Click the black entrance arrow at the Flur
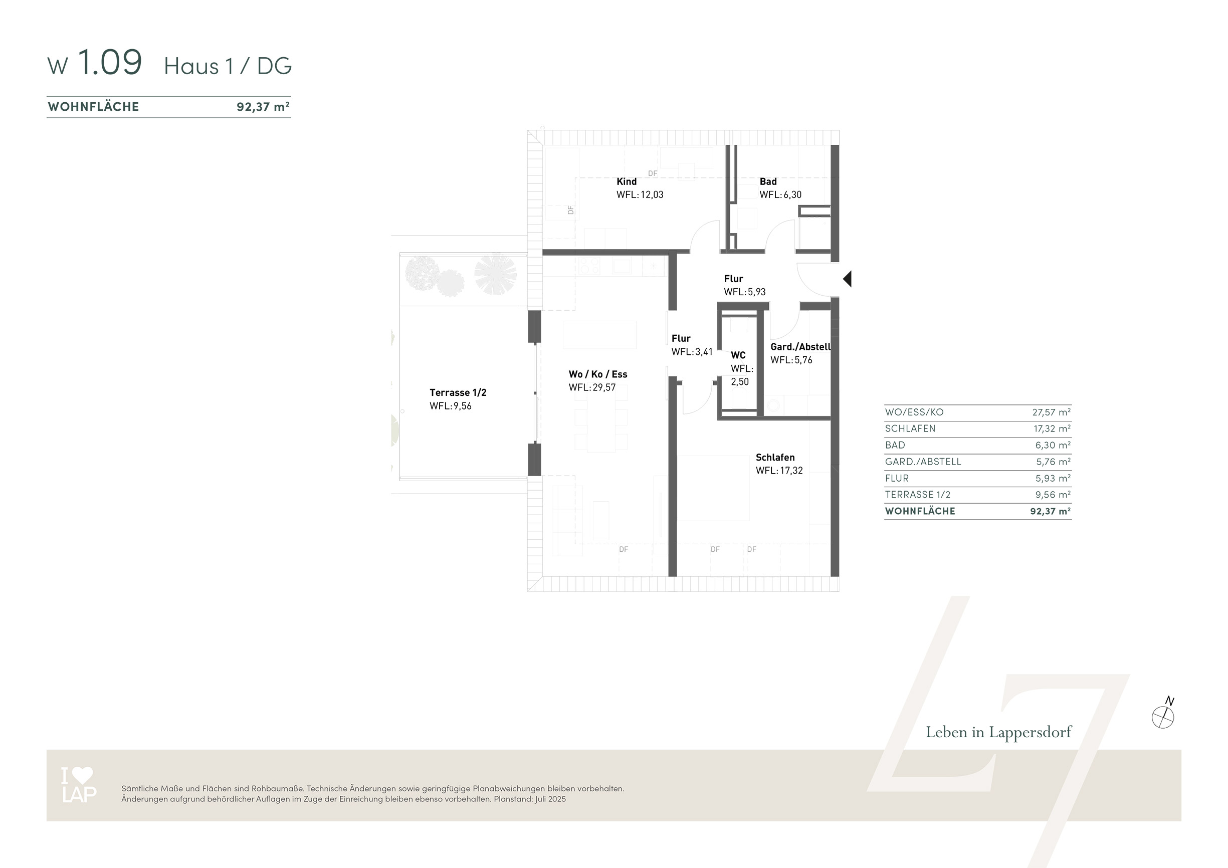coord(847,279)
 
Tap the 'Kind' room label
coord(627,182)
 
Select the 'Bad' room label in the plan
coord(768,182)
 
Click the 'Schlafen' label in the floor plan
coord(775,457)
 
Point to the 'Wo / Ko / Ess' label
coord(598,374)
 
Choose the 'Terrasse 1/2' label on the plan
coord(458,392)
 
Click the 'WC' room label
coord(738,355)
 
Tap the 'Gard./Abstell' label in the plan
coord(800,347)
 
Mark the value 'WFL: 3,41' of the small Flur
coord(692,352)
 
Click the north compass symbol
coord(1163,716)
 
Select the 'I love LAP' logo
coord(79,785)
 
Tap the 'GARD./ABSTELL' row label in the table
coord(923,462)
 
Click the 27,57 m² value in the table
coord(1051,412)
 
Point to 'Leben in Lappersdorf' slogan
coord(998,732)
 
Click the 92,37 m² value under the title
coord(263,106)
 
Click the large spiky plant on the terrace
coord(495,274)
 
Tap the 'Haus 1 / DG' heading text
coord(228,66)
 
